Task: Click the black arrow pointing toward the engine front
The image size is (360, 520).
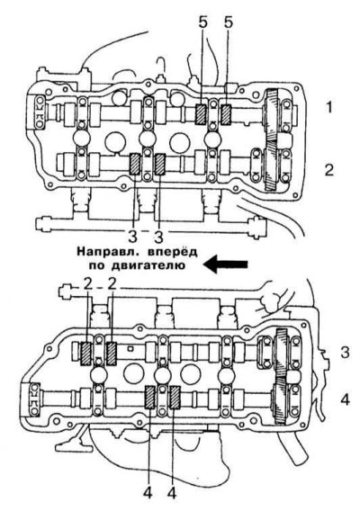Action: tap(225, 264)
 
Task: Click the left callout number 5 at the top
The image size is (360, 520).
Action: tap(202, 22)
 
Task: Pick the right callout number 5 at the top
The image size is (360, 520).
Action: tap(229, 22)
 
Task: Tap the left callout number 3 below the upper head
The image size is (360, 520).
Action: tap(132, 237)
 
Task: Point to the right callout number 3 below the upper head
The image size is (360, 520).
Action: tap(159, 237)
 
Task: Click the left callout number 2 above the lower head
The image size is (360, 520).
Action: tap(87, 285)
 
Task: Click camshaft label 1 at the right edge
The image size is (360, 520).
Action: tap(328, 107)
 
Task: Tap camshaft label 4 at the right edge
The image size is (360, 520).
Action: tap(345, 399)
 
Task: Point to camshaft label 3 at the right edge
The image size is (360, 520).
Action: tap(345, 353)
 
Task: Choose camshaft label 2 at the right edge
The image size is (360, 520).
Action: tap(328, 170)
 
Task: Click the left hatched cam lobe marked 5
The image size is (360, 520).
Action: tap(201, 115)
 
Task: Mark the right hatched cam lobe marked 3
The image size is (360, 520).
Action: tap(160, 164)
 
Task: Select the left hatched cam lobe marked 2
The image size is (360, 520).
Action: tap(86, 354)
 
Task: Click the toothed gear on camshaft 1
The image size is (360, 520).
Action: tap(272, 115)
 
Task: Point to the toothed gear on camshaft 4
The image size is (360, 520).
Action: tap(280, 401)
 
